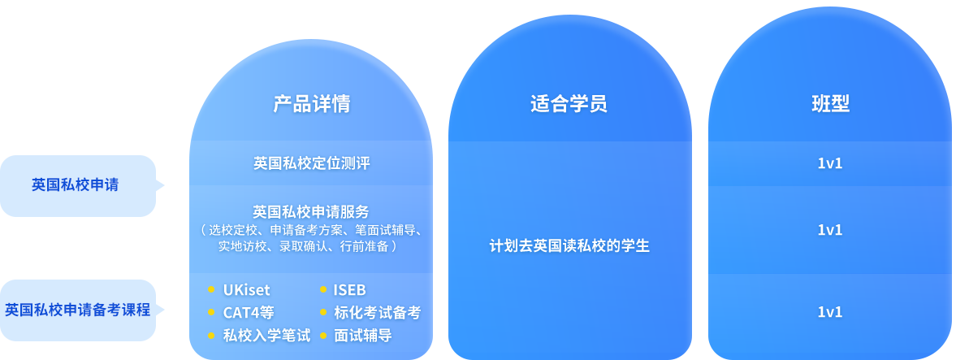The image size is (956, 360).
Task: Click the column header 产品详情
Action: point(311,104)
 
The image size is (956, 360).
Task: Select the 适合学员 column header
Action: point(569,104)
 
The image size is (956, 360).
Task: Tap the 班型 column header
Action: point(830,104)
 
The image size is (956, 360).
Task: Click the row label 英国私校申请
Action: point(75,185)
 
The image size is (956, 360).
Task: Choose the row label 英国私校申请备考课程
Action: point(78,310)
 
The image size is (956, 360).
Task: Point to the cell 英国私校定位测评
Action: point(311,163)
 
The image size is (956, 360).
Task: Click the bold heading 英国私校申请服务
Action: point(311,212)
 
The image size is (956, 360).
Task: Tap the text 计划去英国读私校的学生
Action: point(569,245)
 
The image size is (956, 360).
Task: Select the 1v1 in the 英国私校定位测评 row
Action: point(830,163)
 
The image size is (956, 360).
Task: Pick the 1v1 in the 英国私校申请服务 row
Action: point(830,230)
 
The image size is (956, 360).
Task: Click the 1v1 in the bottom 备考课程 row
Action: point(830,312)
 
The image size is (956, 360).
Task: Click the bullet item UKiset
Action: point(246,290)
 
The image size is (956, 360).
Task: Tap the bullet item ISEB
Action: point(349,290)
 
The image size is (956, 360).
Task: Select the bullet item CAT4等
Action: point(249,312)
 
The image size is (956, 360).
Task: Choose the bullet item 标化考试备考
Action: point(377,312)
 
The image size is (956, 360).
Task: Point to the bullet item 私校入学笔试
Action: point(266,335)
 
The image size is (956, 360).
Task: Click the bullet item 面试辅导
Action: point(362,335)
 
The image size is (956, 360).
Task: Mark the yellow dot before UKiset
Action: point(211,289)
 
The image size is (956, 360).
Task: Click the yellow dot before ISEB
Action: point(322,289)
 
